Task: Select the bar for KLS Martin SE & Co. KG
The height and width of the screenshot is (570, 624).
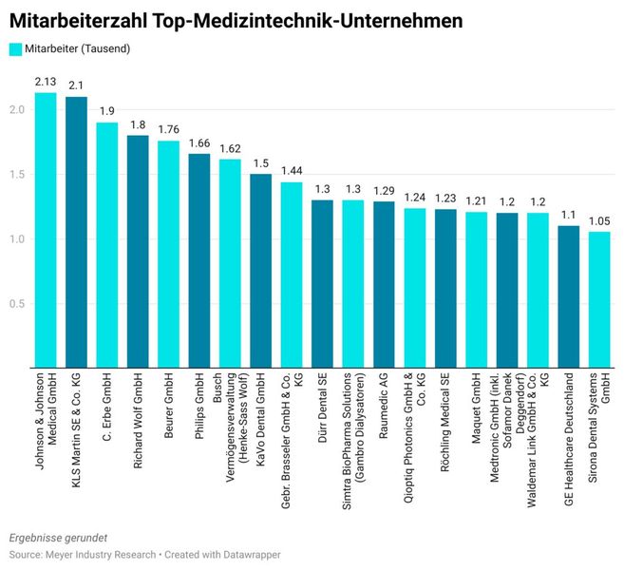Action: pos(76,232)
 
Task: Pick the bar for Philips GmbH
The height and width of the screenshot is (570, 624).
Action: pos(199,260)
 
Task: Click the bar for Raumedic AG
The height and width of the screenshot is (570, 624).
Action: pos(384,284)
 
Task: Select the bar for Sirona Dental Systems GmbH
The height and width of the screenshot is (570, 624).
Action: pos(599,299)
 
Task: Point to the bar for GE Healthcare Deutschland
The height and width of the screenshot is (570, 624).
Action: pos(568,296)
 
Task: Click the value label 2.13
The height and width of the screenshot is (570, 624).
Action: pos(46,83)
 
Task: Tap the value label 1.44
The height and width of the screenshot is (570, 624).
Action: pos(292,172)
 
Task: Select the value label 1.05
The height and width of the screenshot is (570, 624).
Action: pos(599,222)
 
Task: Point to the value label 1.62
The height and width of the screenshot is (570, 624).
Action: pos(230,149)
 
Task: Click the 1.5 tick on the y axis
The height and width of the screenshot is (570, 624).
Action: pos(18,174)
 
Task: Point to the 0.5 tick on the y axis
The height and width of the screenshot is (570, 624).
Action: pos(18,303)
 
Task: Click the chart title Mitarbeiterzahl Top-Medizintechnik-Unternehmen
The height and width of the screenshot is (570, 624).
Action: pos(236,19)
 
